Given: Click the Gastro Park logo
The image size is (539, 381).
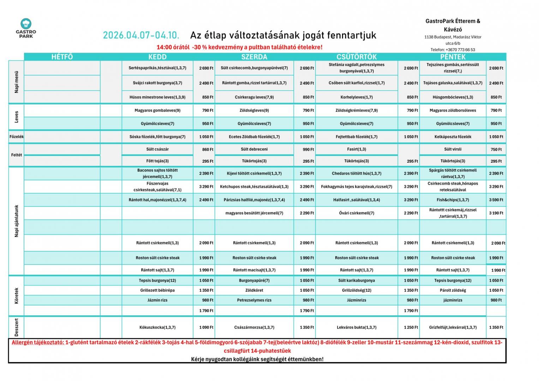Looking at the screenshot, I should point(26,28).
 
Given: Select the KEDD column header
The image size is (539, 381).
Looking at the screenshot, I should point(157,57).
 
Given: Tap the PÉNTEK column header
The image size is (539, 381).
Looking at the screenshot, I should point(453,57).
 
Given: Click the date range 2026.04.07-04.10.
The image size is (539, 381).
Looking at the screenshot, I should point(141,35).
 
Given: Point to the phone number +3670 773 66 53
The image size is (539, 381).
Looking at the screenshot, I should point(453,50).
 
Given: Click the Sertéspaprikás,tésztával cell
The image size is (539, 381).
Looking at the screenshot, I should point(157,68).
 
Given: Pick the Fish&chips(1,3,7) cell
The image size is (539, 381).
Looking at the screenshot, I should point(453,200).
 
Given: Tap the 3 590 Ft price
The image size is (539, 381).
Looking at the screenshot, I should point(496,200).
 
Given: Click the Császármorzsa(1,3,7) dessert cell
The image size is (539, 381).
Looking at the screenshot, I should point(254,327).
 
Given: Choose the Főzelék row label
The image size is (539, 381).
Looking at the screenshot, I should point(17,137).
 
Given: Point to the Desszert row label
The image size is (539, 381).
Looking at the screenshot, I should point(17,327).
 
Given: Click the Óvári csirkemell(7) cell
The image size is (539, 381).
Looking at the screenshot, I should point(357,213).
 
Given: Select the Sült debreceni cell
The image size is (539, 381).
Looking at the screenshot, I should point(254,149).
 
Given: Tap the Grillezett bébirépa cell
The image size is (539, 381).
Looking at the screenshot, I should point(157,290).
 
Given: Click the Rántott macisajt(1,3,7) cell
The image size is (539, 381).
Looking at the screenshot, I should point(254,270).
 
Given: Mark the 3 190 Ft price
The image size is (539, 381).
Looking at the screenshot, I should point(496,213).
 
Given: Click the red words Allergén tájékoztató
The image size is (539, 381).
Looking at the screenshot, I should point(38,343).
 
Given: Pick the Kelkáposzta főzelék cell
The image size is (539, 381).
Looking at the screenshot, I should point(453,137).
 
